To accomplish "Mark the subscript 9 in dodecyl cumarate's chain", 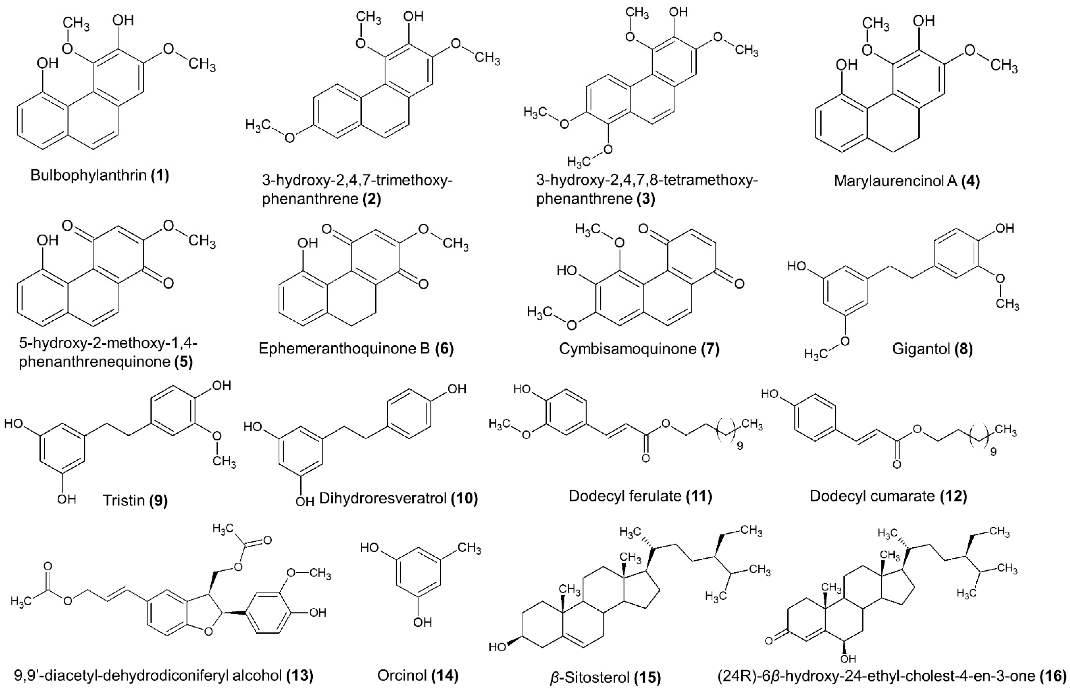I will point(993,452).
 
